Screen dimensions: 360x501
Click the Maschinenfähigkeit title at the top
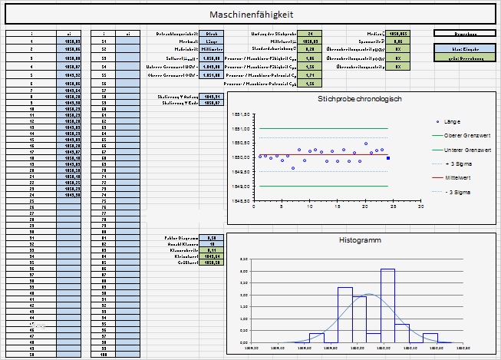[x=251, y=15]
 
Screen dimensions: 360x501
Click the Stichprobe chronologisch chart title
[x=360, y=99]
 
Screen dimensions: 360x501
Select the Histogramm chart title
[x=359, y=241]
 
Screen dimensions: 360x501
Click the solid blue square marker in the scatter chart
[x=388, y=158]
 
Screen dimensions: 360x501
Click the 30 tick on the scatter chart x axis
[x=420, y=206]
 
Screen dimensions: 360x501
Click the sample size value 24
[x=309, y=34]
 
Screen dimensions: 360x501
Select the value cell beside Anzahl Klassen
[x=212, y=244]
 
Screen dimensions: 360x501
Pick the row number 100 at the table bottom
[x=103, y=355]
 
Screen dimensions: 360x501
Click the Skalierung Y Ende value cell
[x=212, y=102]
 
